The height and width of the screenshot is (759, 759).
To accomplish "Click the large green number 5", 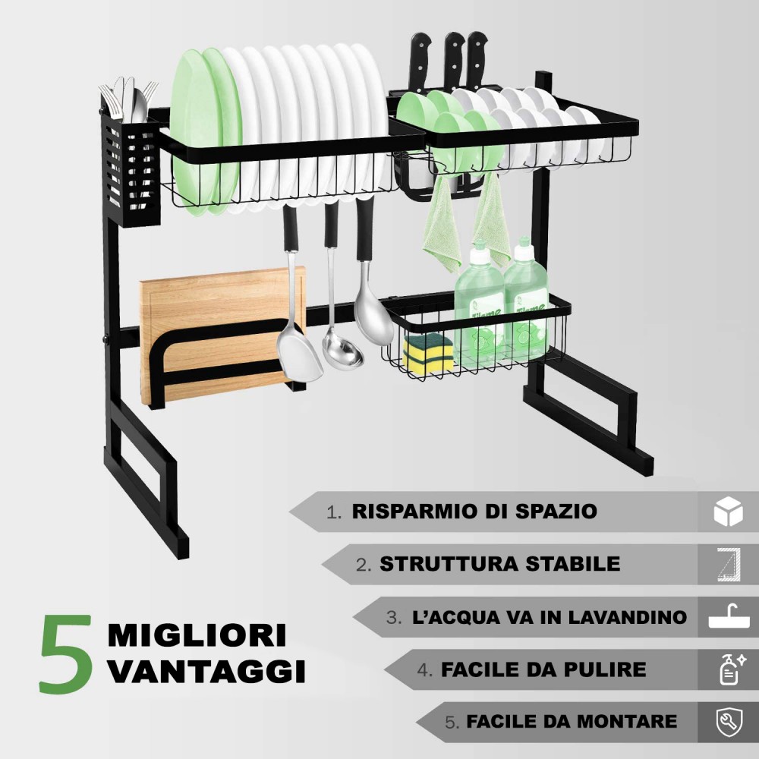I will (x=66, y=654).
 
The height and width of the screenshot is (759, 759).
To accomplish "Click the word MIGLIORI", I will (x=197, y=635).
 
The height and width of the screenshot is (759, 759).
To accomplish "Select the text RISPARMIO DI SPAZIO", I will (x=474, y=511).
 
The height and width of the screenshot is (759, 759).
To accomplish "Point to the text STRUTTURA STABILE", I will (x=499, y=564).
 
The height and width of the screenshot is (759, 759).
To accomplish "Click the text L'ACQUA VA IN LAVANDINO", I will (x=549, y=617).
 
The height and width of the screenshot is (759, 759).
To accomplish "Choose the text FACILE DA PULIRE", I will (x=543, y=669).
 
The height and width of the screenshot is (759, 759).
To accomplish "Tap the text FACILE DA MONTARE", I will (x=572, y=721).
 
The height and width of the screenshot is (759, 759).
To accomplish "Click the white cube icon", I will (x=728, y=512).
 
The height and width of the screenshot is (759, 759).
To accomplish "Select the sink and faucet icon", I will (x=728, y=616).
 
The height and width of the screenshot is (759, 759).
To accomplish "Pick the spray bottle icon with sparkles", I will (x=729, y=669).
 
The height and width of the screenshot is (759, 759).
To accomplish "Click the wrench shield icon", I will (x=729, y=721).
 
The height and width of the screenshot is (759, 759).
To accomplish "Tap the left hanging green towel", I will (x=442, y=228).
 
